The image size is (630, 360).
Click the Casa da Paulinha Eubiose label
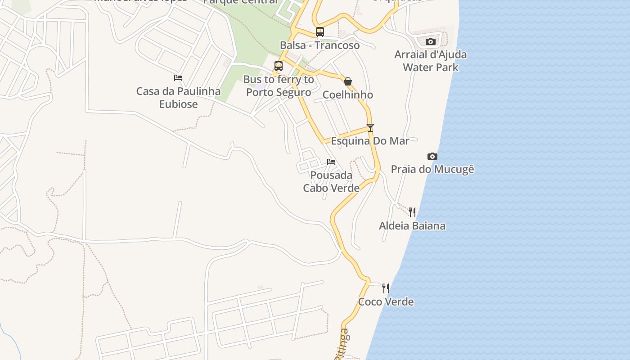point(179,98)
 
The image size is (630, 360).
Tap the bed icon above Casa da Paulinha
point(178,77)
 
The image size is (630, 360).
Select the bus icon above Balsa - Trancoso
point(320,32)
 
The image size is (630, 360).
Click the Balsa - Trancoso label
point(320,45)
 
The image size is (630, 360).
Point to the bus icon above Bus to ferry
point(279,66)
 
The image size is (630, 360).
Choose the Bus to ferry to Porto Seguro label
point(279,86)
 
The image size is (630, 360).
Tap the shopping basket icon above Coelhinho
point(348,81)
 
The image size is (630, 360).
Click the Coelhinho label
point(348,94)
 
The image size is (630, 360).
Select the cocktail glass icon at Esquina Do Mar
point(370,128)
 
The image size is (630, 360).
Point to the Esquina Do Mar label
point(370,141)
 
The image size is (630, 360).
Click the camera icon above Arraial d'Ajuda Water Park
point(431,41)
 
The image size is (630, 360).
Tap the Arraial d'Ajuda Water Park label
point(431,61)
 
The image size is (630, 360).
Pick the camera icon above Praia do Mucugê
point(432,156)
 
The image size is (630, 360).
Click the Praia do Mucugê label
point(432,169)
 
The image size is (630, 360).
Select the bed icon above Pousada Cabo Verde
point(331,162)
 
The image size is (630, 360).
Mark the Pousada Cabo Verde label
point(331,181)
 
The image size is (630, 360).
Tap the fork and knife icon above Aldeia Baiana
point(412,212)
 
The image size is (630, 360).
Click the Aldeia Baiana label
point(412,225)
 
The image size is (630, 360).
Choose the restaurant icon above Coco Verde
point(386,288)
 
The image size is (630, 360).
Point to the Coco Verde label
point(386,301)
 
